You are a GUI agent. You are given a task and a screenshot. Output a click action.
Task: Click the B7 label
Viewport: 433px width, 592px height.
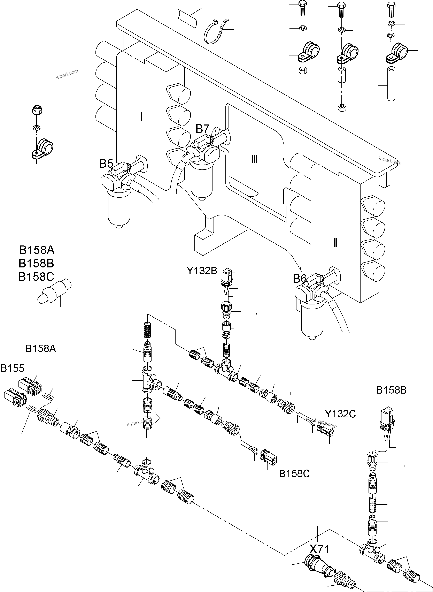click(202, 129)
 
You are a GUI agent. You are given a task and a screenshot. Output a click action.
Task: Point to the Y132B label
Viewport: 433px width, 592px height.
click(202, 271)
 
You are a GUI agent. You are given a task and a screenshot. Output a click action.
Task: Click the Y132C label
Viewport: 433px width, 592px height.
click(340, 414)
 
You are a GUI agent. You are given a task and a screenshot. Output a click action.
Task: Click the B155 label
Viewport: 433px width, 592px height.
click(12, 368)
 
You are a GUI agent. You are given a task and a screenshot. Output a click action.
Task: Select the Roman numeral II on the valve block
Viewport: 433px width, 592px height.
click(335, 243)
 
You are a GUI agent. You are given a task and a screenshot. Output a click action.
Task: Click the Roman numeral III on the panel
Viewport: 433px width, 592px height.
click(254, 159)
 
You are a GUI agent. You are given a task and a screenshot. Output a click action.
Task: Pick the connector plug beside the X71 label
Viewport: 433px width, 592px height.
click(315, 563)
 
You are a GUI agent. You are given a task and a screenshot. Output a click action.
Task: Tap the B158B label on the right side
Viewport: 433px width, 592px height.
click(391, 390)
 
